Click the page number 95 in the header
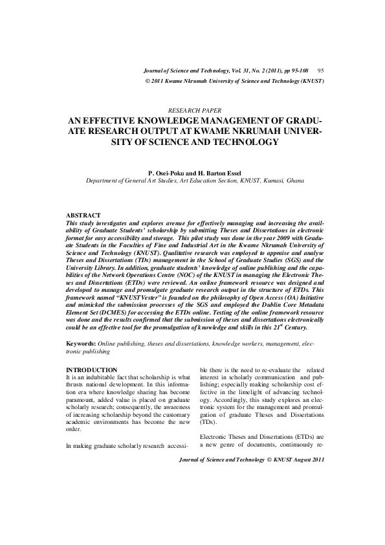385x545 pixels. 320,69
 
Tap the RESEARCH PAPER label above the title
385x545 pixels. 193,111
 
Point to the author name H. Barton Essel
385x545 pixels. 220,174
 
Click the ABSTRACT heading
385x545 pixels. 84,215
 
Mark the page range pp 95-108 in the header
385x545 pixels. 290,69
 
